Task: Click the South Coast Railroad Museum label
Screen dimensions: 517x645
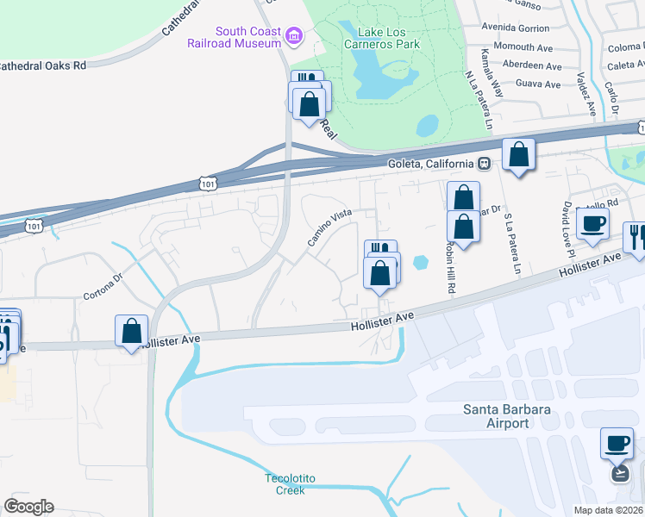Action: tap(236, 38)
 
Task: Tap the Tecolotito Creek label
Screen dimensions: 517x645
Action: tap(285, 484)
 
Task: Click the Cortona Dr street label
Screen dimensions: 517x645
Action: tap(104, 288)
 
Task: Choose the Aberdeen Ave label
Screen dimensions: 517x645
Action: tap(531, 65)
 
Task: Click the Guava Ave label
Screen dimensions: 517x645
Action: tap(537, 84)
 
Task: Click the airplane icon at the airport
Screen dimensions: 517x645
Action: tap(619, 473)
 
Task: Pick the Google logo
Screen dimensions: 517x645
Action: tap(28, 507)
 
